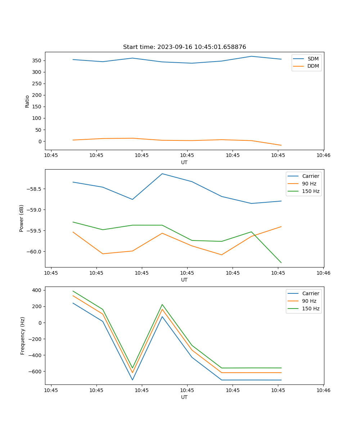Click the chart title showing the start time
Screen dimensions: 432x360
pos(184,47)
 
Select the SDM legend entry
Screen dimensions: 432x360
pos(313,59)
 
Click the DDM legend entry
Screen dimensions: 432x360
pos(313,66)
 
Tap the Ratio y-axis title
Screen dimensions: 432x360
pos(27,101)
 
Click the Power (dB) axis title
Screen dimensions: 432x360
pos(22,218)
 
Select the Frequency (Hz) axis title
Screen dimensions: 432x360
pos(22,336)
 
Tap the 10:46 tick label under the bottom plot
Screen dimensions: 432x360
pos(323,390)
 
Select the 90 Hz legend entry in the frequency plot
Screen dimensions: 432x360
pos(309,301)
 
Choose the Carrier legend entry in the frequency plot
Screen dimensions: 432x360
pos(310,293)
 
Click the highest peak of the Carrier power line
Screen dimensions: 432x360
pos(162,174)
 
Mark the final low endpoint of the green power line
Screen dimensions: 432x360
pos(281,263)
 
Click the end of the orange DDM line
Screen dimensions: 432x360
pos(281,145)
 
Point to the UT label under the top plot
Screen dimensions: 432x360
pos(184,162)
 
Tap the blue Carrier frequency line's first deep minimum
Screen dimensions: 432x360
pos(132,380)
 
